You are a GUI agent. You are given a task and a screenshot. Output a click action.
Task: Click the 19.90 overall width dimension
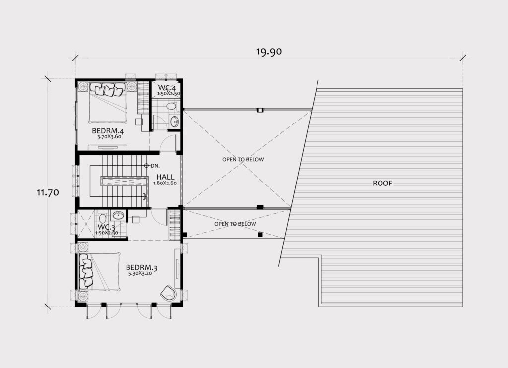(x=269, y=52)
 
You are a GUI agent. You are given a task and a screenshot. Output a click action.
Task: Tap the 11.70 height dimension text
(x=48, y=193)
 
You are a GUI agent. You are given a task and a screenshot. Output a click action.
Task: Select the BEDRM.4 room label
(x=108, y=131)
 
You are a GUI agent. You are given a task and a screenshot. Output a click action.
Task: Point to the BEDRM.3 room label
(x=141, y=268)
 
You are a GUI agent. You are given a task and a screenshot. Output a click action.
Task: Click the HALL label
(x=165, y=177)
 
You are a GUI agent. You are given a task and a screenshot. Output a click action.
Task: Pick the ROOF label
(x=382, y=184)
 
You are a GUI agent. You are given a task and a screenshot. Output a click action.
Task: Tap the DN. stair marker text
(x=155, y=166)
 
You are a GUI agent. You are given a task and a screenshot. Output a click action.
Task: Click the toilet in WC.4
(x=171, y=106)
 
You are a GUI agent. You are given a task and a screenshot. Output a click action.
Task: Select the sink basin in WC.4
(x=174, y=122)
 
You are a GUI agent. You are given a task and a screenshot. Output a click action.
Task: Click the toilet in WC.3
(x=102, y=217)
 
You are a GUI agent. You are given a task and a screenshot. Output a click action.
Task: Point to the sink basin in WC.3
(x=118, y=215)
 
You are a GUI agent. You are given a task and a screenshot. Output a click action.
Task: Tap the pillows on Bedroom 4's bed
(x=107, y=89)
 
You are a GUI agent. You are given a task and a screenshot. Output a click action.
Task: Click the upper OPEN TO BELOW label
(x=243, y=159)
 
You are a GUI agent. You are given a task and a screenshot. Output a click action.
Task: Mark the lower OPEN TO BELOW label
(x=235, y=224)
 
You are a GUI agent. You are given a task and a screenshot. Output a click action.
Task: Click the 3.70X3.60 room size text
(x=109, y=137)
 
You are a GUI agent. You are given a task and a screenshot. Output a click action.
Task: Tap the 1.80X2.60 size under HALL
(x=165, y=183)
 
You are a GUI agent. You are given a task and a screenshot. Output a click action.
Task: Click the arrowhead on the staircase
(x=145, y=196)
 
